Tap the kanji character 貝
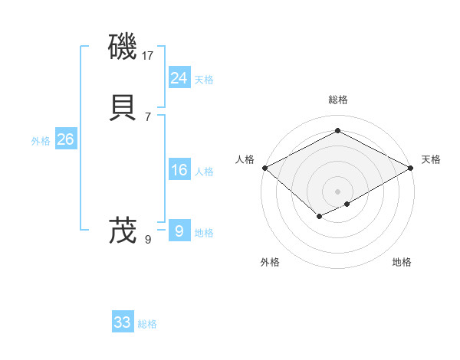[x=123, y=107]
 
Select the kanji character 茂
[x=123, y=230]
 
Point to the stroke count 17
[x=148, y=55]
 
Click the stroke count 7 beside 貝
[x=147, y=116]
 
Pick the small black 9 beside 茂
[x=147, y=240]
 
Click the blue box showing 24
[x=179, y=77]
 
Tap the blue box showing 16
[x=179, y=170]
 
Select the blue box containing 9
[x=179, y=231]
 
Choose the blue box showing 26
[x=65, y=139]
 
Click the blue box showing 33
[x=122, y=322]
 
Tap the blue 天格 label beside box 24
[x=204, y=80]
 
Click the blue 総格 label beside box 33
[x=147, y=324]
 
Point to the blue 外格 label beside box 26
[x=41, y=141]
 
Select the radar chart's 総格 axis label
[x=337, y=100]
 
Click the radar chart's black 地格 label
[x=402, y=262]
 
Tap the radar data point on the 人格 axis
[x=264, y=168]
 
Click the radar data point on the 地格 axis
[x=347, y=204]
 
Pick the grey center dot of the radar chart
[x=337, y=191]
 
